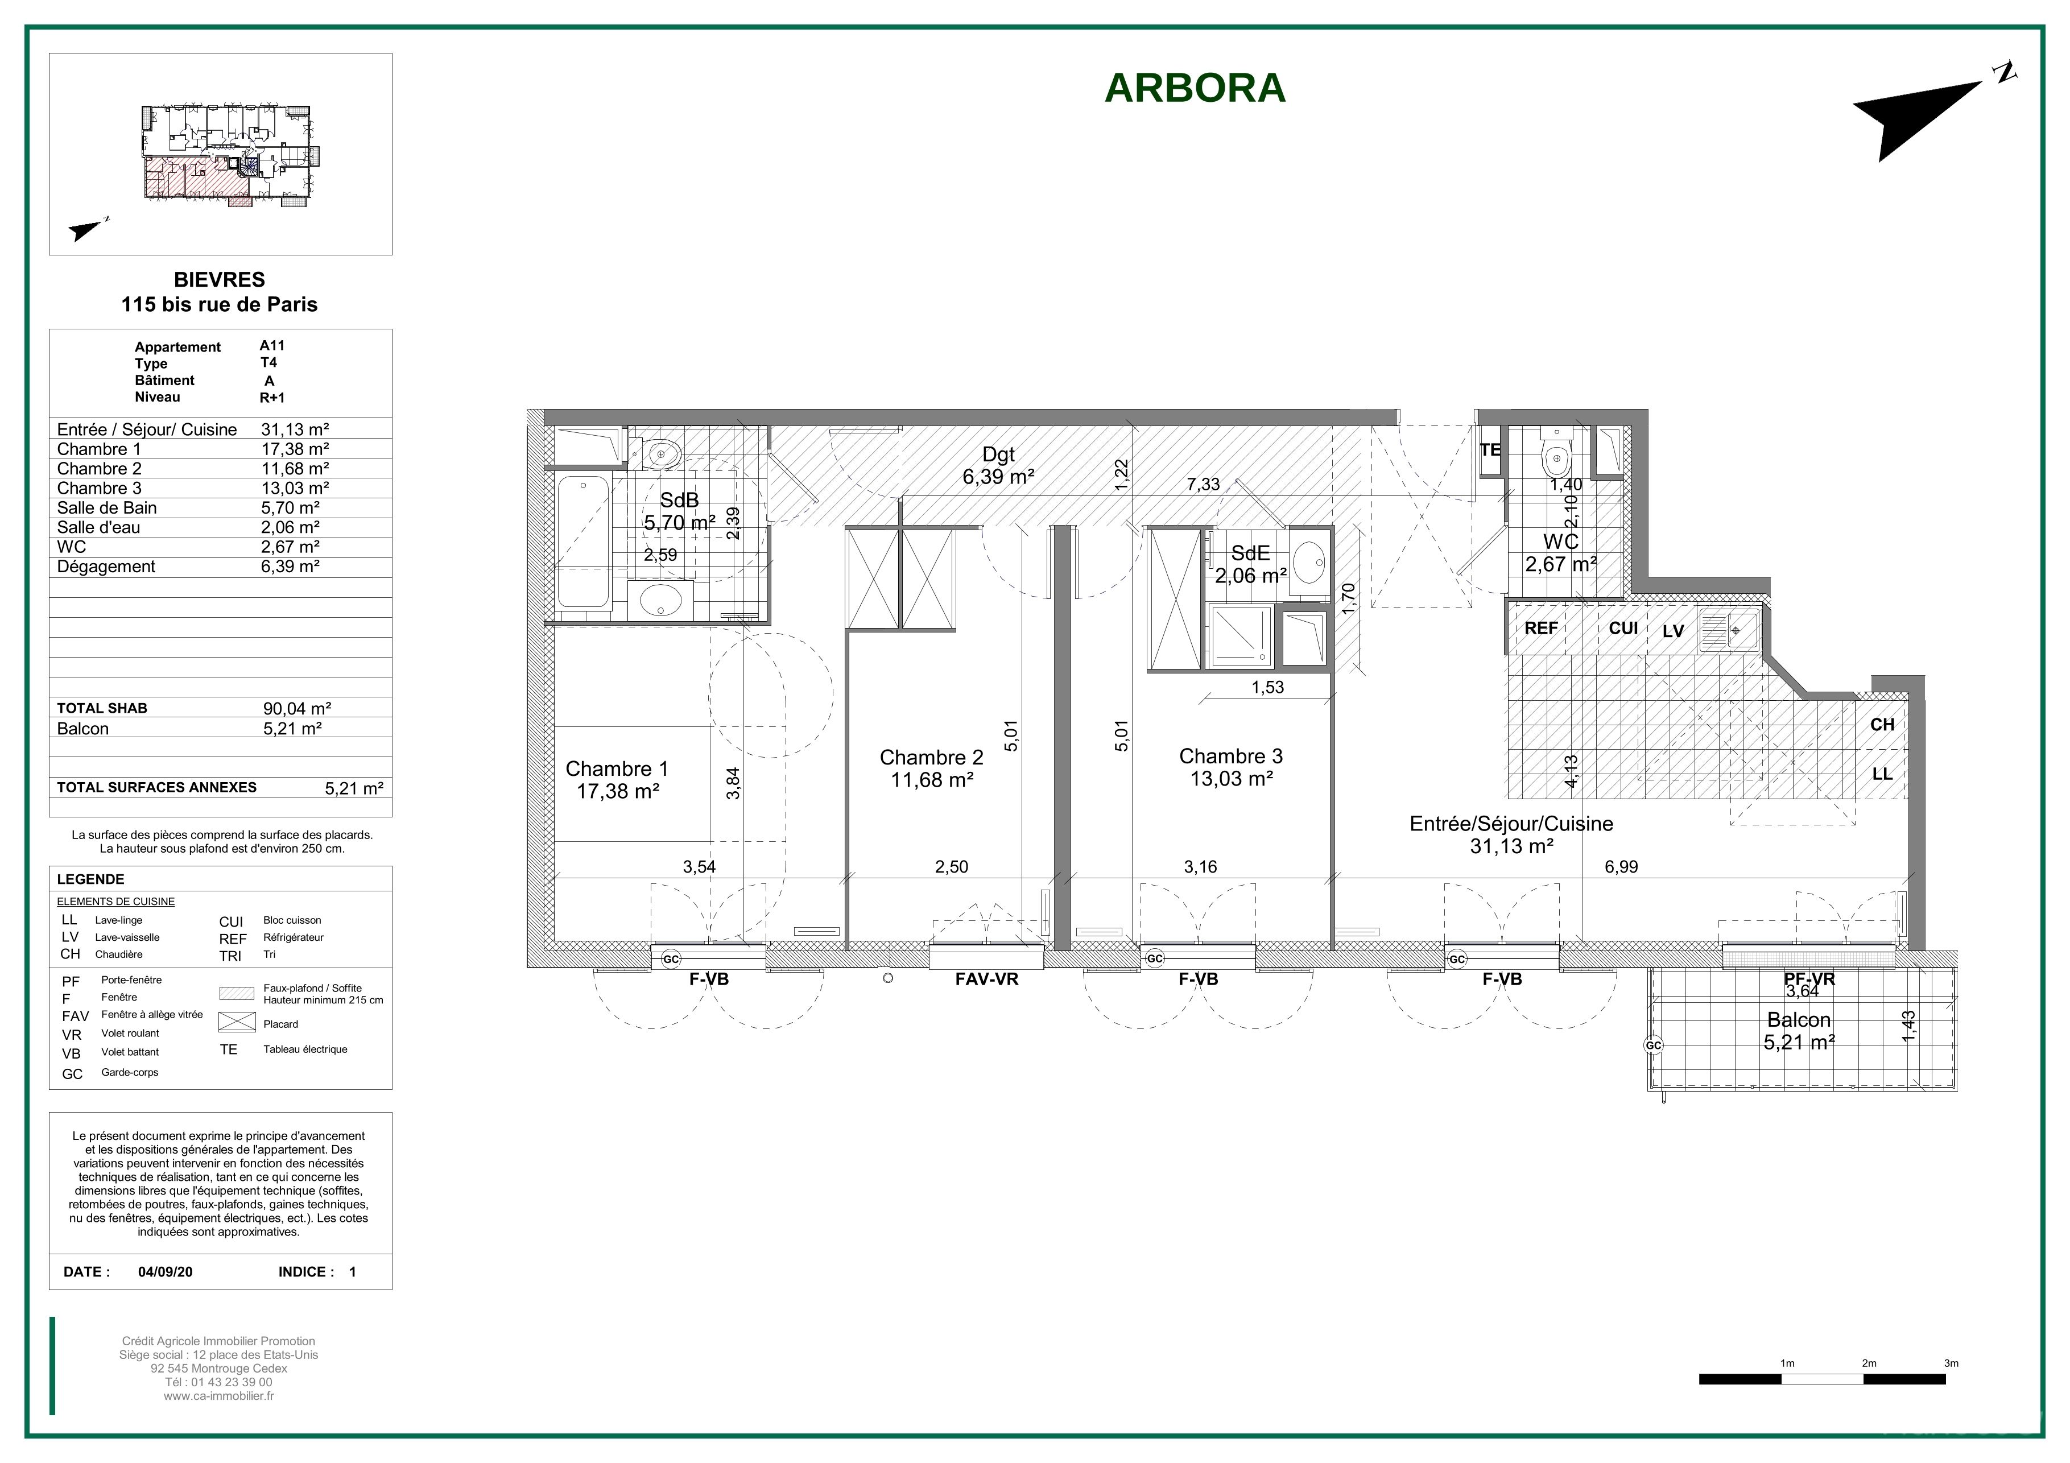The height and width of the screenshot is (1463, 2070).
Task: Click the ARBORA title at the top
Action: [x=1195, y=88]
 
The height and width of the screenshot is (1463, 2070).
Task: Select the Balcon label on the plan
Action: [x=1799, y=1019]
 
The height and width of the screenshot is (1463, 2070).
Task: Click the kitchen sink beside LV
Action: [x=1728, y=630]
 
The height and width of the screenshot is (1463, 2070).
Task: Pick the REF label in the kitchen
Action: [x=1541, y=629]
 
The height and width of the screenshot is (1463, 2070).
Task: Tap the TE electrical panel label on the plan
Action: [x=1490, y=449]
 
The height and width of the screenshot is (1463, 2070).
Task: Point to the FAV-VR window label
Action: [x=986, y=979]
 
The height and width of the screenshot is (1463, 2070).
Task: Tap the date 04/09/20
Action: [x=165, y=1272]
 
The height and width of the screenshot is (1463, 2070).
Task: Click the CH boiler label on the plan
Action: [x=1882, y=725]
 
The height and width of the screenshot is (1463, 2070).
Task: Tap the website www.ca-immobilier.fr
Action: [x=219, y=1396]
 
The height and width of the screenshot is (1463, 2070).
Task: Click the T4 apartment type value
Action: [x=268, y=362]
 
